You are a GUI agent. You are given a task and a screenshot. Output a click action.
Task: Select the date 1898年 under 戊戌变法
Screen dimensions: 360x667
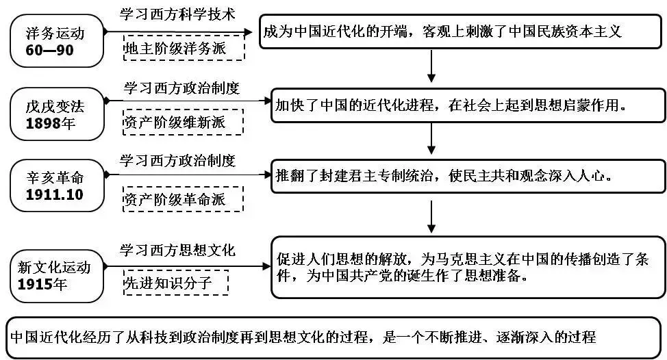click(x=51, y=123)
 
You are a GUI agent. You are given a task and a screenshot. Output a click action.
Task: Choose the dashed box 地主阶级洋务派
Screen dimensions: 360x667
click(x=183, y=49)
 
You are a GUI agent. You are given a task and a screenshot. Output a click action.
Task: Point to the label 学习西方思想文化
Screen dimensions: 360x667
click(x=177, y=250)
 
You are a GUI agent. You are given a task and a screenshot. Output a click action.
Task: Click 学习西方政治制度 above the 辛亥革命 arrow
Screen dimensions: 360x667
click(x=177, y=161)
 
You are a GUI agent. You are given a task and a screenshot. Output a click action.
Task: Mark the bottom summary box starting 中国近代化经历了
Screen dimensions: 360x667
click(x=334, y=337)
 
